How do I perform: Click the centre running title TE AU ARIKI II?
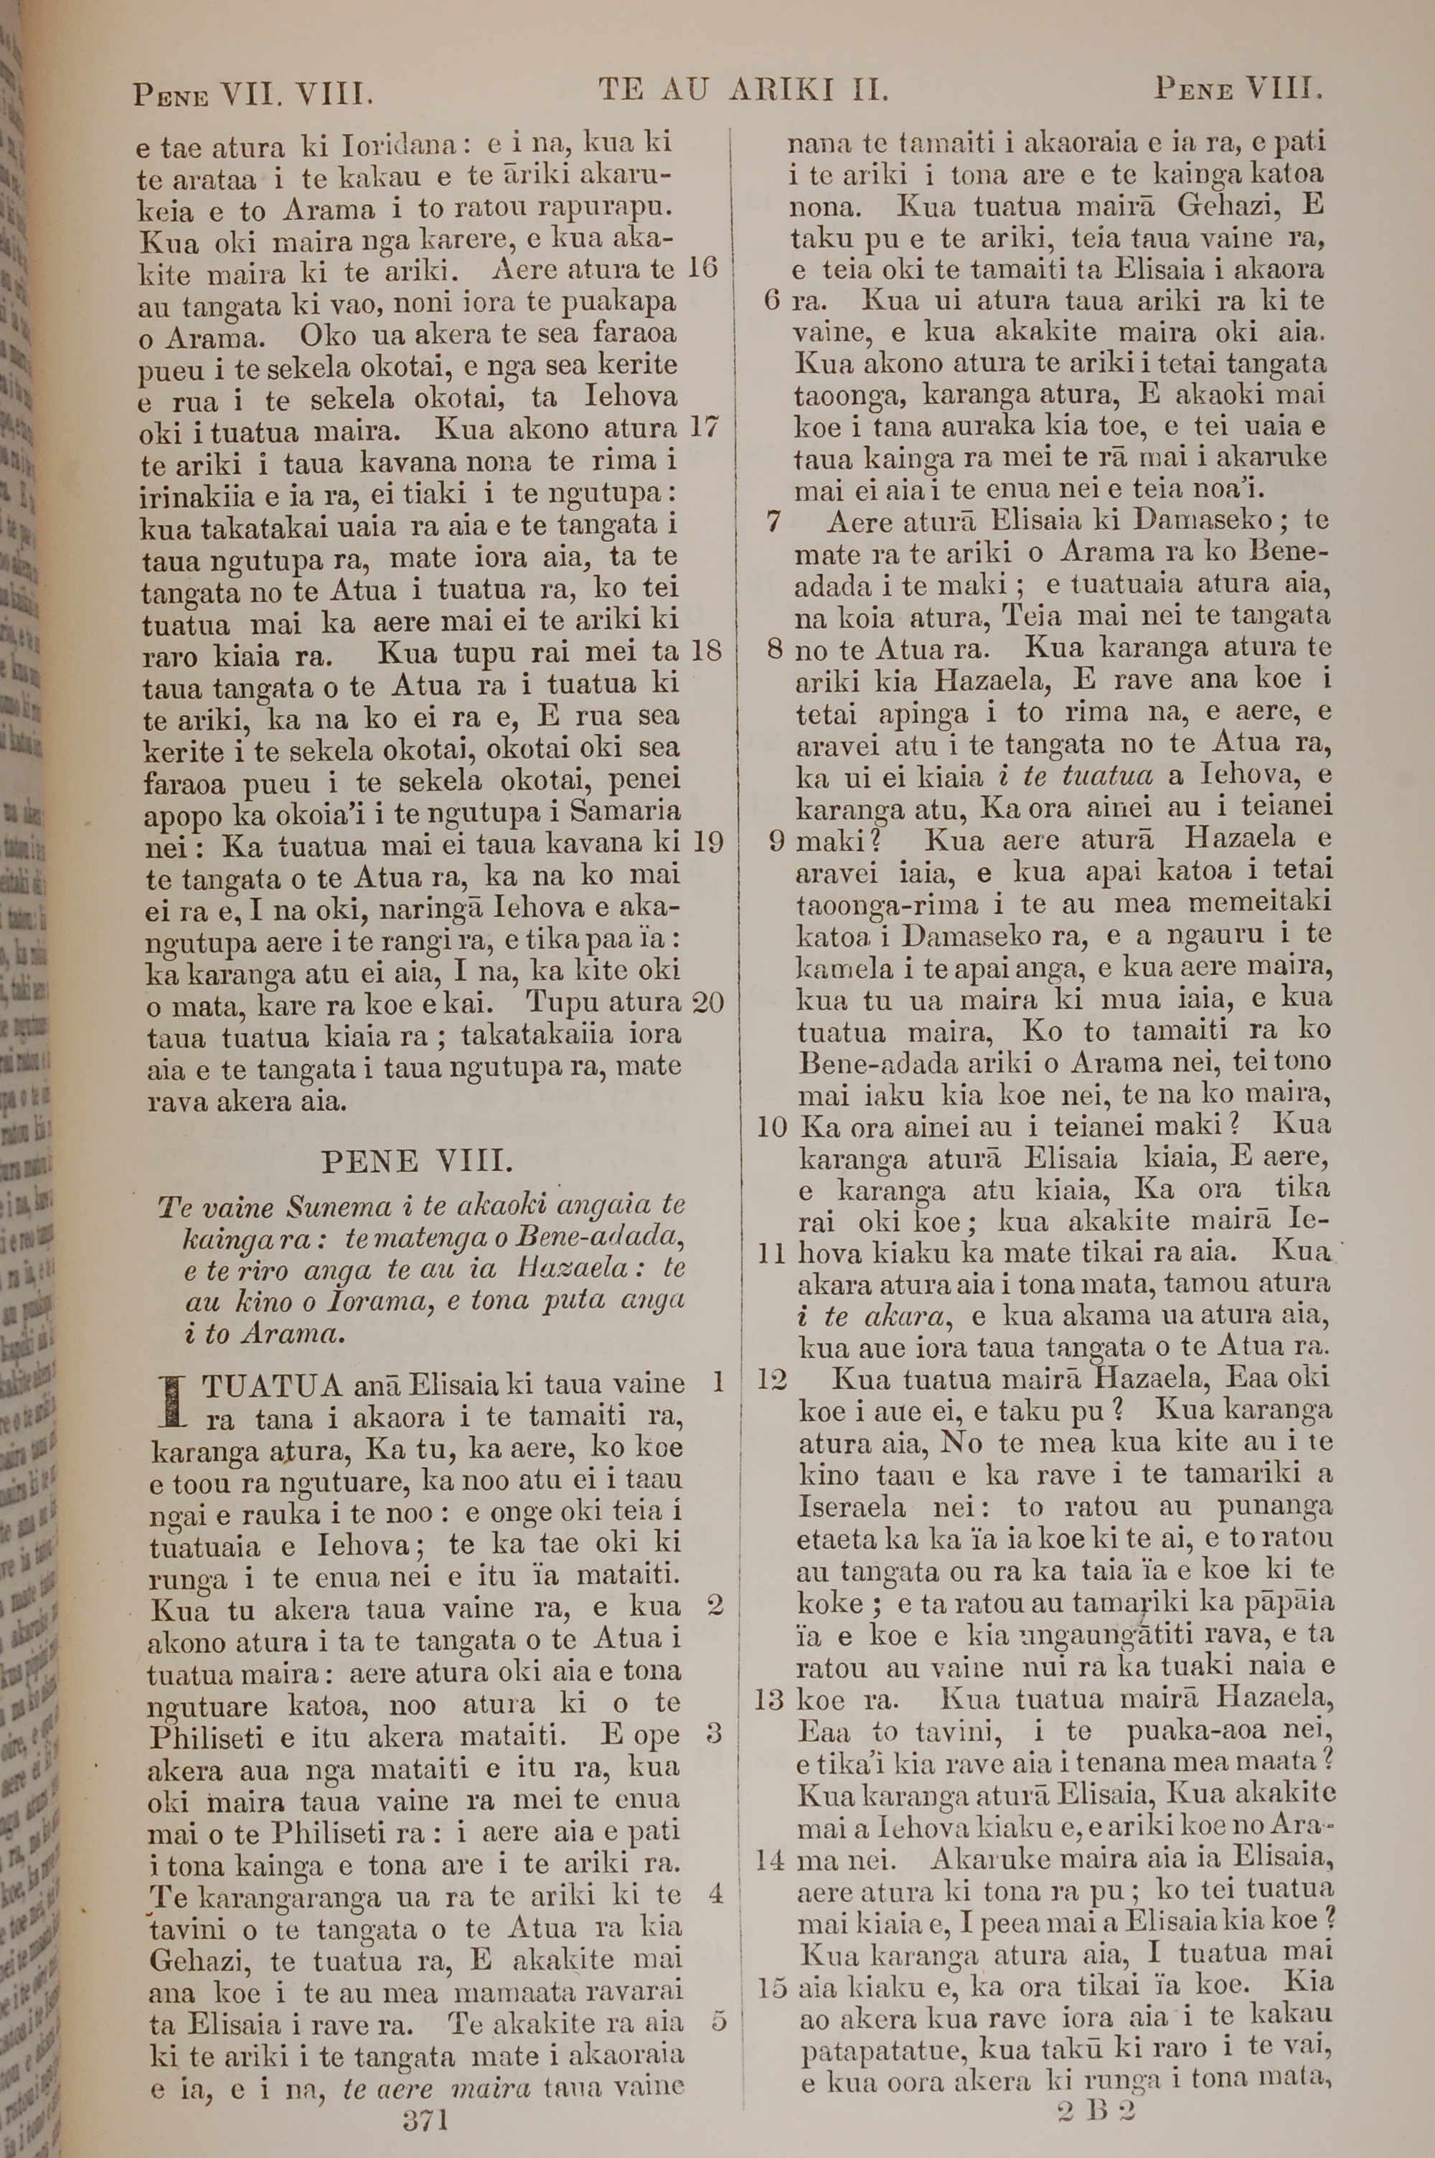coord(743,90)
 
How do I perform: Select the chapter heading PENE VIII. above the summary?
coord(418,1162)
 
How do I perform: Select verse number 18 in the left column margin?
coord(705,651)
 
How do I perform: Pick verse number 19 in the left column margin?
coord(707,842)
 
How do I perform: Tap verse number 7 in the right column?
coord(773,522)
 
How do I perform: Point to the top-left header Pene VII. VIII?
coord(252,94)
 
